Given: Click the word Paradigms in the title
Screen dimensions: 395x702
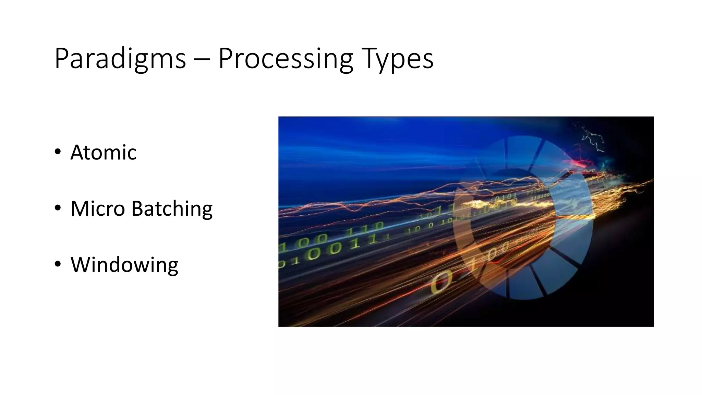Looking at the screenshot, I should pyautogui.click(x=120, y=59).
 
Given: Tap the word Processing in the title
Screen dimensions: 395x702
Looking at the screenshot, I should pyautogui.click(x=286, y=59).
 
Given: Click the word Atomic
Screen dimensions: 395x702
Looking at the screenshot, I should pyautogui.click(x=103, y=152).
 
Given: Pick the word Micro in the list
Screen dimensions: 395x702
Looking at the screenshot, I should pyautogui.click(x=97, y=208).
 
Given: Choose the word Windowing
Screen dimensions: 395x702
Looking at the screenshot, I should pyautogui.click(x=124, y=265).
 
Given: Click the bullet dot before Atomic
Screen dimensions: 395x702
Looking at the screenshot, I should pyautogui.click(x=58, y=152).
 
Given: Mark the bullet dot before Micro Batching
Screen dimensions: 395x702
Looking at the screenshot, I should pyautogui.click(x=58, y=208).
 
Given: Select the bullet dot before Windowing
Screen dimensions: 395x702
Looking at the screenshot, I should pyautogui.click(x=58, y=264).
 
